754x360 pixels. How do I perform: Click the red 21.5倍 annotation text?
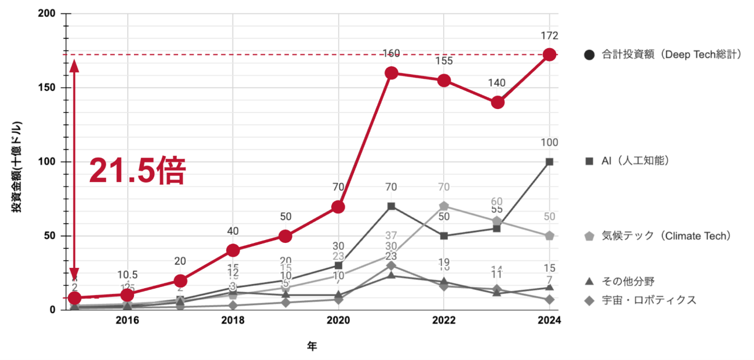pyautogui.click(x=137, y=171)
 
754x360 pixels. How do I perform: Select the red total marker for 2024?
pyautogui.click(x=549, y=55)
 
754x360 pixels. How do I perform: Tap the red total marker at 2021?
pyautogui.click(x=391, y=72)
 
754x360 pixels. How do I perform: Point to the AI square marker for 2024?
pyautogui.click(x=549, y=162)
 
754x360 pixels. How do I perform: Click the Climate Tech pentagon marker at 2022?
pyautogui.click(x=444, y=206)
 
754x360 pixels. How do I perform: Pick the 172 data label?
pyautogui.click(x=549, y=36)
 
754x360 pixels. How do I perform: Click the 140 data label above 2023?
pyautogui.click(x=497, y=83)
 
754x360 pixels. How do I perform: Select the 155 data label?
pyautogui.click(x=444, y=61)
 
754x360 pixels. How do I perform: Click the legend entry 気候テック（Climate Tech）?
pyautogui.click(x=658, y=236)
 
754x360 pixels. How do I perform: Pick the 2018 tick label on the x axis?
pyautogui.click(x=233, y=321)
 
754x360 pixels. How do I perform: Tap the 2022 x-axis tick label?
pyautogui.click(x=444, y=321)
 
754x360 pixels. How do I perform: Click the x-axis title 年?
pyautogui.click(x=312, y=346)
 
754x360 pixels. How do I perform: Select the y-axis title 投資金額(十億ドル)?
pyautogui.click(x=17, y=168)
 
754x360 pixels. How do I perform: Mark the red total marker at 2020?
pyautogui.click(x=338, y=206)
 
